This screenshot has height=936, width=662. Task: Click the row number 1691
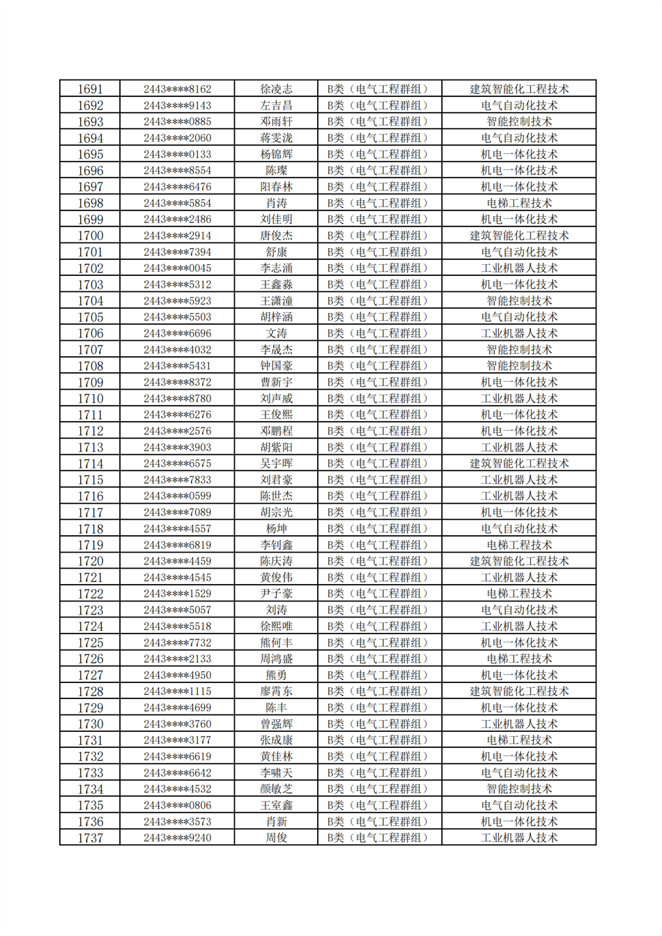tap(90, 89)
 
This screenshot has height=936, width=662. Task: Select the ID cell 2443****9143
tap(177, 105)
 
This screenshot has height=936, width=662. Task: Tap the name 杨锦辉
tap(276, 154)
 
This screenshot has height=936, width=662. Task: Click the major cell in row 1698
tap(518, 203)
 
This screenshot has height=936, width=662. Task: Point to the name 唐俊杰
tap(276, 236)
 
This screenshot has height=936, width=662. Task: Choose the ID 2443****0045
tap(177, 268)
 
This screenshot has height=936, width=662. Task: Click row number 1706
tap(90, 333)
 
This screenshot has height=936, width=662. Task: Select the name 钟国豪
tap(276, 366)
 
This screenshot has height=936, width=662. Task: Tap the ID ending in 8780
tap(177, 399)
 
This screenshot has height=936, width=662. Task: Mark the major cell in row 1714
tap(518, 463)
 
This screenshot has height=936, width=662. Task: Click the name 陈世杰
tap(276, 496)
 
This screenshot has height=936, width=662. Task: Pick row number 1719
tap(90, 545)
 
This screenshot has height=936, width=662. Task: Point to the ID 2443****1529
tap(177, 594)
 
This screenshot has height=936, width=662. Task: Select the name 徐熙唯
tap(276, 627)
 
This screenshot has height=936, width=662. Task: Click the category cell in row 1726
tap(379, 659)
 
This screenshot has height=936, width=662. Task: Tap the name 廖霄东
tap(276, 691)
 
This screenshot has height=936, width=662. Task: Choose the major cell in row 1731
tap(518, 740)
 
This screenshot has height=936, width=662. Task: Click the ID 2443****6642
tap(177, 773)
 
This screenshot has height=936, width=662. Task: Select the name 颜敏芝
tap(276, 789)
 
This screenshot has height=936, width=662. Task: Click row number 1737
tap(90, 838)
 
